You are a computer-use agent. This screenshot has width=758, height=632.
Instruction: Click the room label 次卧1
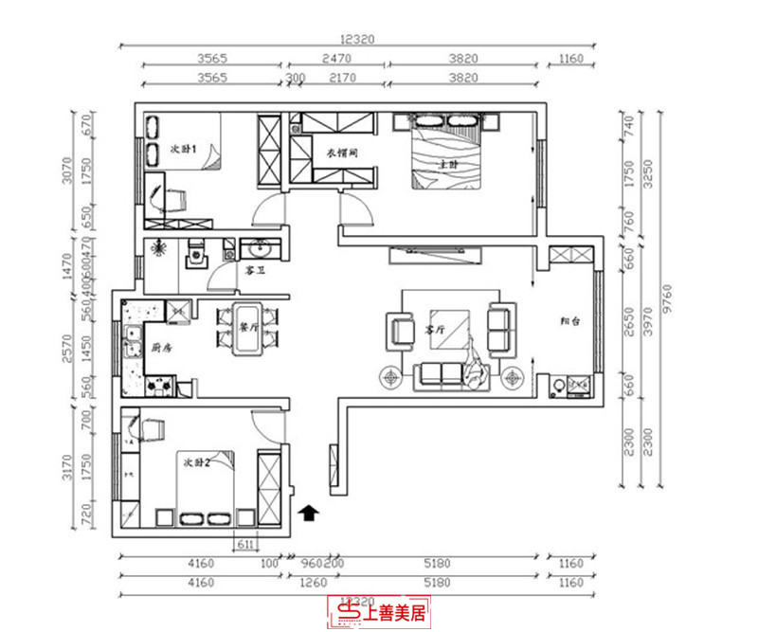182,150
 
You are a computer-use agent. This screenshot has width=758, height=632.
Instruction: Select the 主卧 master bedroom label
447,164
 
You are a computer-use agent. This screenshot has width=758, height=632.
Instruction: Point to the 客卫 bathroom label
255,270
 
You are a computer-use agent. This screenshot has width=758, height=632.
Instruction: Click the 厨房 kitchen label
162,348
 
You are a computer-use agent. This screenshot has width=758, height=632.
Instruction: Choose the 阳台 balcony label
569,321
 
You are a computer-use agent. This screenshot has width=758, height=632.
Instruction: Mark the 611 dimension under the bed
244,543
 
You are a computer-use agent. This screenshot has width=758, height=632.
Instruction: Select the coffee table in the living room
449,328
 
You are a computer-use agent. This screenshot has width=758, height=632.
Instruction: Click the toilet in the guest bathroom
196,256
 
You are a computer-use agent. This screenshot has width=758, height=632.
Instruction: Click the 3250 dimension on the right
649,176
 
